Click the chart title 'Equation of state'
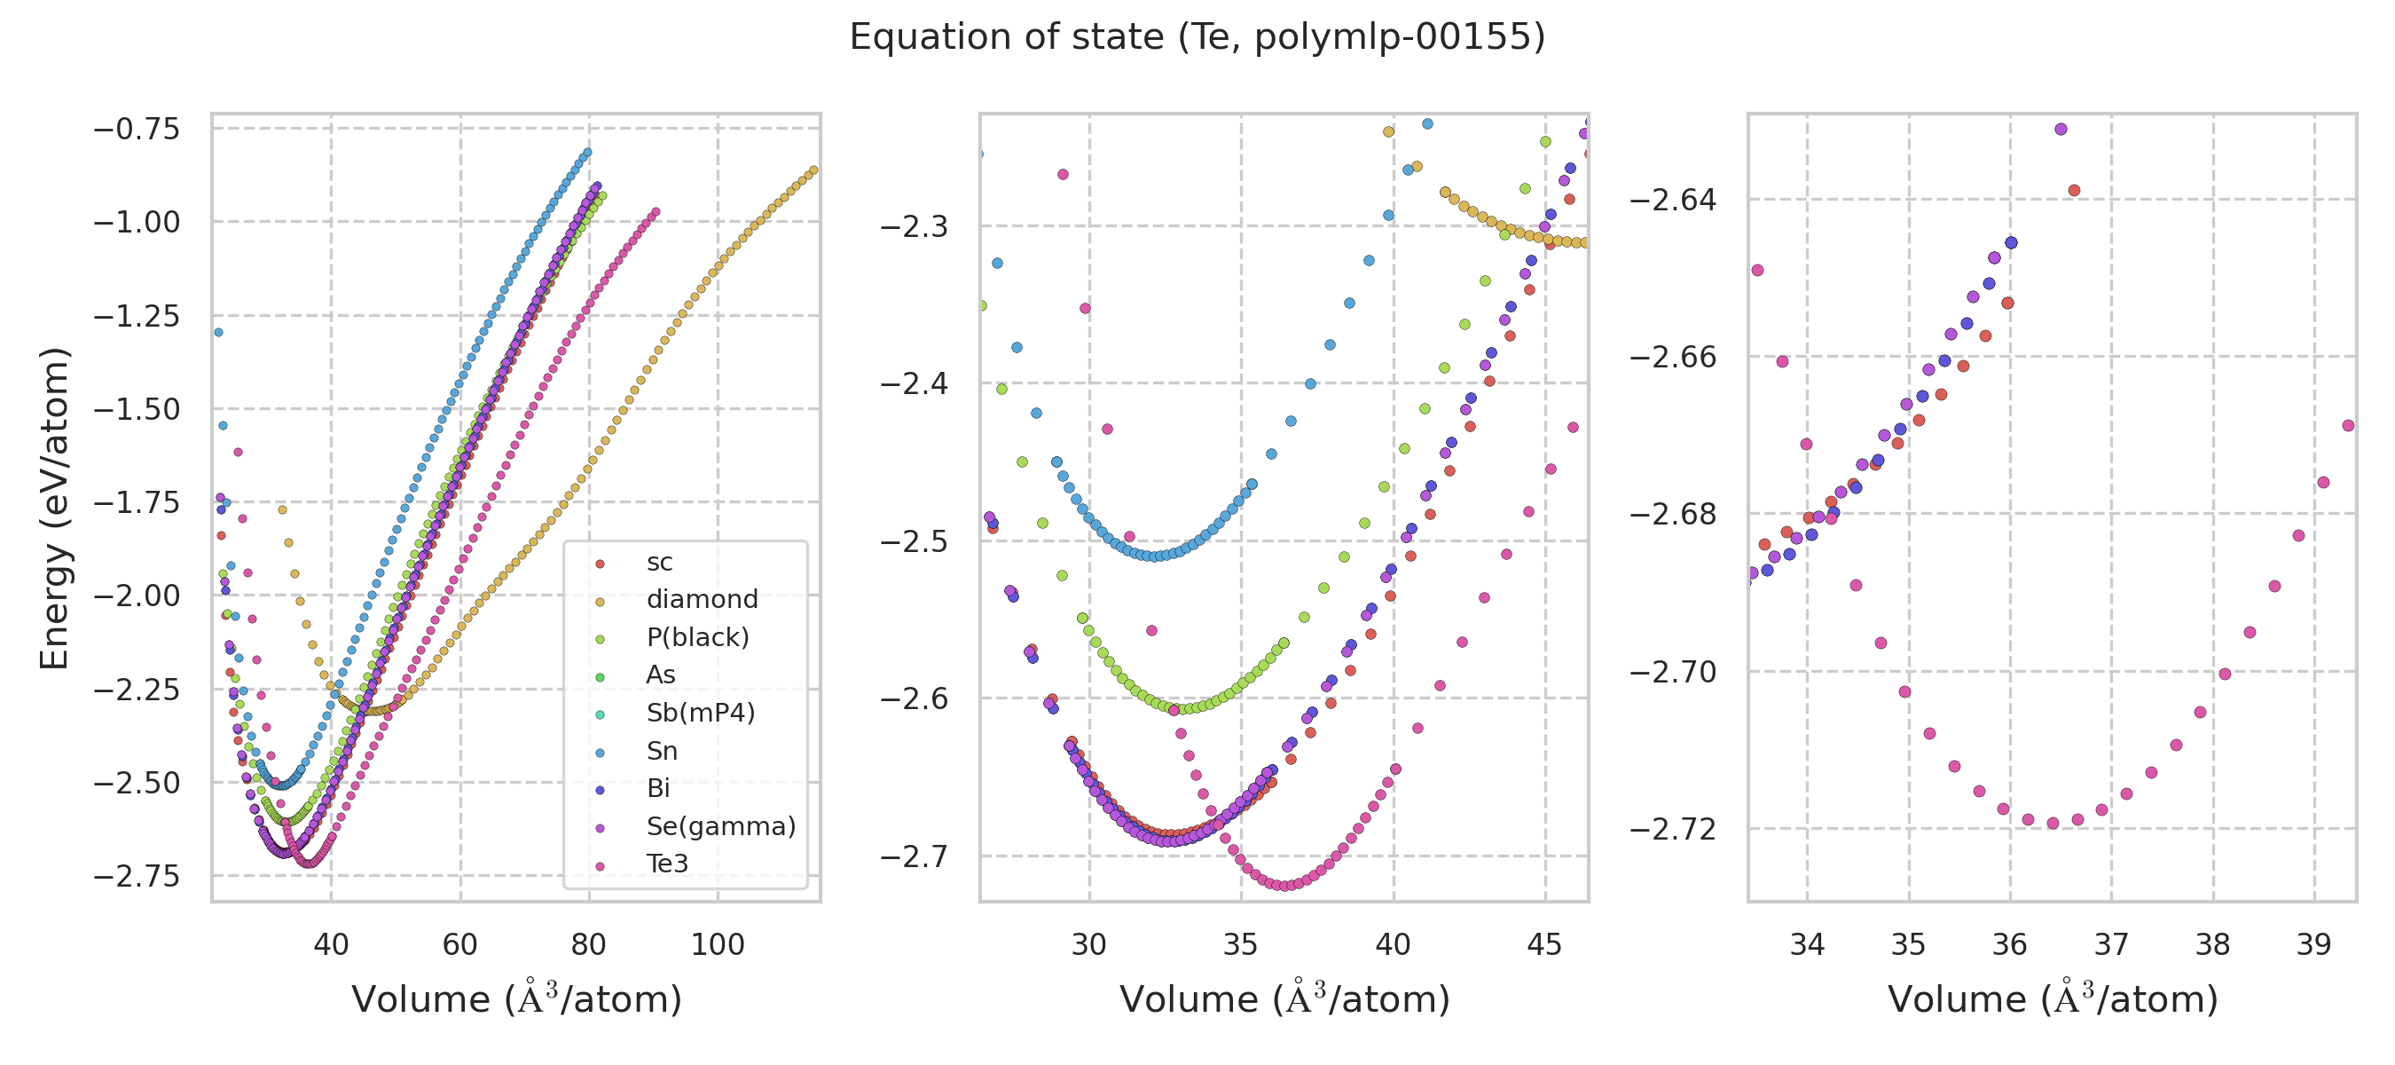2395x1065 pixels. pos(1197,37)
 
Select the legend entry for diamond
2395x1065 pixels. pos(702,599)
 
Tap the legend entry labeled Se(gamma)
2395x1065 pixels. pos(720,826)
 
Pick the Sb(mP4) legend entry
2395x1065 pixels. pos(700,713)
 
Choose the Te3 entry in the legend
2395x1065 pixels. pos(668,864)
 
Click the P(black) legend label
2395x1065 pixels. pos(697,637)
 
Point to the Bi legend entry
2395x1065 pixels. pos(658,789)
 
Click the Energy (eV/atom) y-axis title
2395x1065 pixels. pos(54,508)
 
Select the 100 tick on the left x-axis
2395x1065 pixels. pos(718,945)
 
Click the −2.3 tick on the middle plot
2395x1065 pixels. pos(914,226)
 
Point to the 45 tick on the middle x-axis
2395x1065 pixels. pos(1545,945)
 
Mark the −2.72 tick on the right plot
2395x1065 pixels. pos(1674,829)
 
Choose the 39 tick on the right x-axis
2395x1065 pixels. pos(2314,945)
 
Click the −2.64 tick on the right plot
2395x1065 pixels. pos(1674,200)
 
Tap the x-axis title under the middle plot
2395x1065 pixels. pos(1284,999)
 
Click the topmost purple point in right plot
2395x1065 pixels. pos(2061,130)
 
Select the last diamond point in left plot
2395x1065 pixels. pos(813,170)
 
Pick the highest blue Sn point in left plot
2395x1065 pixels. pos(586,153)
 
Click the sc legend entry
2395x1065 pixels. pos(659,562)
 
